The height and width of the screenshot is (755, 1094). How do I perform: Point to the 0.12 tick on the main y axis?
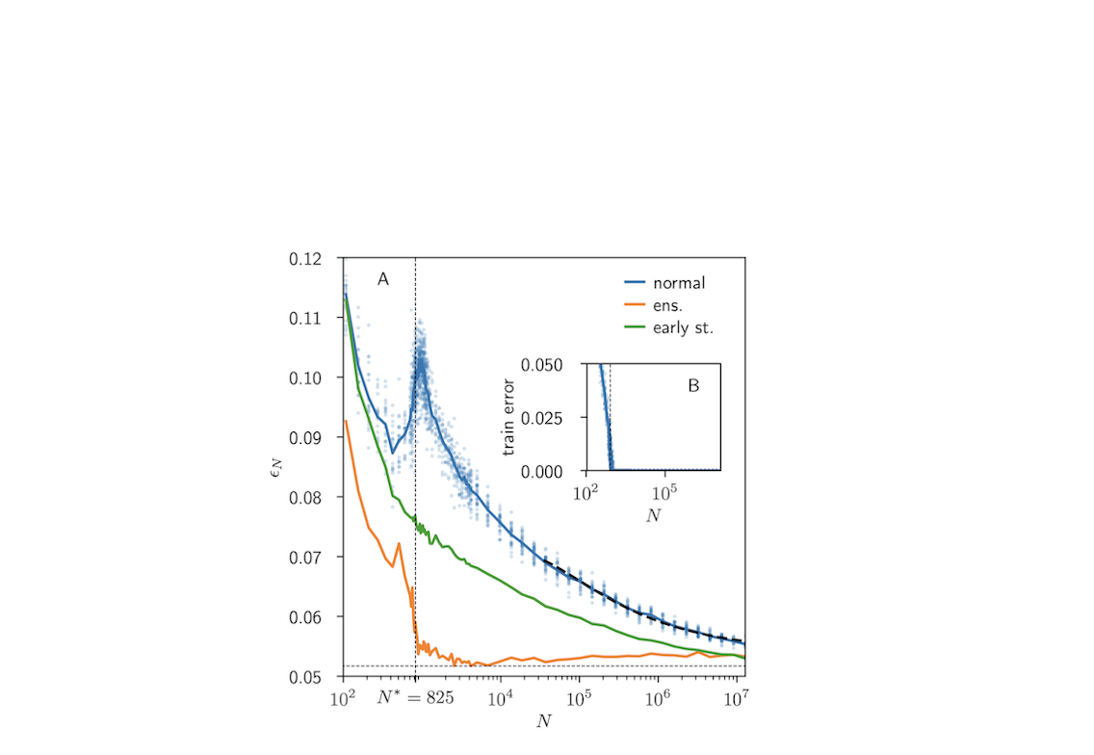318,259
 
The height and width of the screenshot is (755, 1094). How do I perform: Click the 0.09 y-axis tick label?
318,438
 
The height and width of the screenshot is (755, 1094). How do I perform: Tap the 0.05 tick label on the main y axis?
318,677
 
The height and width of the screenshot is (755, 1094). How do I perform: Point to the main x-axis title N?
544,719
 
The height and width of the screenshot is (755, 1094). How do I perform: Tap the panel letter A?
382,280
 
